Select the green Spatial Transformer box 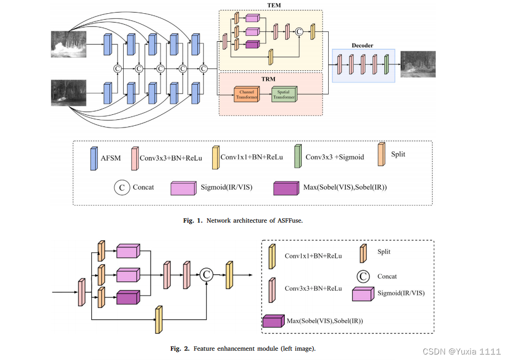284,94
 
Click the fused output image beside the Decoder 418,65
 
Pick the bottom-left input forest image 70,93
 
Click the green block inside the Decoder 386,64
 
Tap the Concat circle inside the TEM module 300,32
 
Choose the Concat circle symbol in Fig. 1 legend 121,187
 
